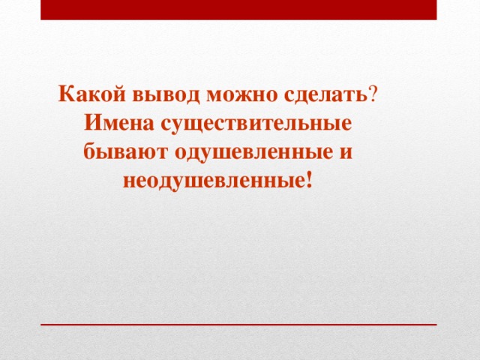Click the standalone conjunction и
coord(346,152)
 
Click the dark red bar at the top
coord(238,10)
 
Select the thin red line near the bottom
coord(238,325)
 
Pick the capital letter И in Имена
coord(94,123)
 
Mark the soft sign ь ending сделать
coord(362,95)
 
